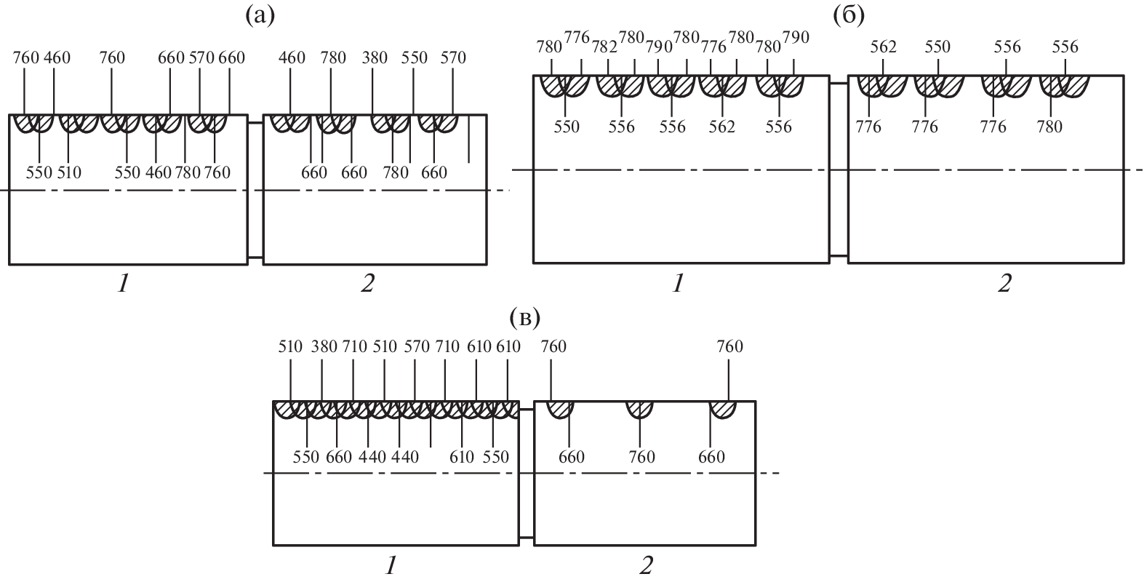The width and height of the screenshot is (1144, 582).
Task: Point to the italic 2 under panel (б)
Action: click(x=1004, y=284)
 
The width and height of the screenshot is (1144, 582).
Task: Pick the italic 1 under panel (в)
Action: click(x=391, y=565)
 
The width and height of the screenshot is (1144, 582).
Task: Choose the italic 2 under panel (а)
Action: click(x=367, y=284)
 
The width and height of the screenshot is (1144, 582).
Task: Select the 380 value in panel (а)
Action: click(x=373, y=58)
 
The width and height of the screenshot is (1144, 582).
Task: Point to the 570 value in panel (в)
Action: click(x=415, y=346)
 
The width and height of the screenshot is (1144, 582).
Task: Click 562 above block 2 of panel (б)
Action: click(x=884, y=47)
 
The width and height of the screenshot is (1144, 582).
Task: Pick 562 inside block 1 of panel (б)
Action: click(x=721, y=127)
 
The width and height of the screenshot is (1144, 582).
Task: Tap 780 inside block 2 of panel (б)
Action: click(x=1049, y=127)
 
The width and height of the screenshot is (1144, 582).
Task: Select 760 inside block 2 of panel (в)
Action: click(x=641, y=457)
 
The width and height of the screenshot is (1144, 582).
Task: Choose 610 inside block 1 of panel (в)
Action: click(x=462, y=457)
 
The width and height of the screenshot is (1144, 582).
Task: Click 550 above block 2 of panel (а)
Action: click(x=415, y=58)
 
